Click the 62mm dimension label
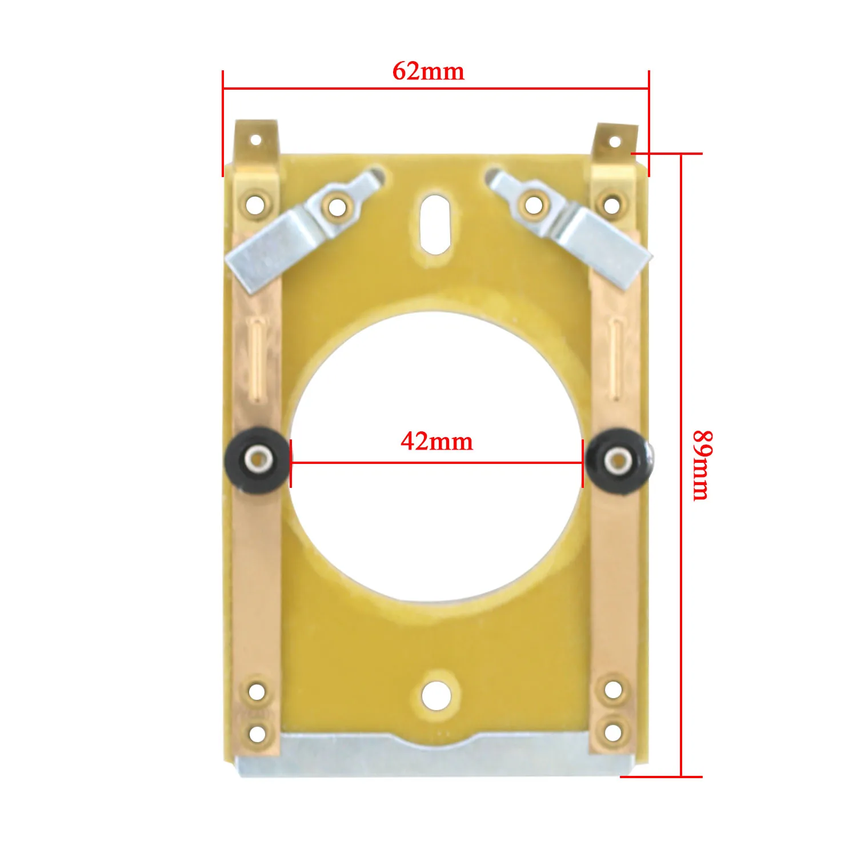[x=428, y=71]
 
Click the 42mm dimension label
[x=436, y=442]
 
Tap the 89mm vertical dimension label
[x=702, y=465]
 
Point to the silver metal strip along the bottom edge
[x=434, y=757]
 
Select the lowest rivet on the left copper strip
[x=258, y=733]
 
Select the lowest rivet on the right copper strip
[x=613, y=732]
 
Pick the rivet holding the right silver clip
[x=534, y=204]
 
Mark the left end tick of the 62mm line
[x=223, y=123]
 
